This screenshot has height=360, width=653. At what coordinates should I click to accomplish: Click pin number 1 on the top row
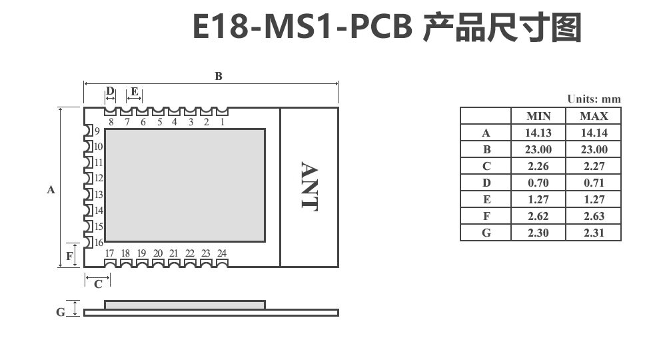[222, 122]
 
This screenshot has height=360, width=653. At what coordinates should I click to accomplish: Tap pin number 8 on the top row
[111, 122]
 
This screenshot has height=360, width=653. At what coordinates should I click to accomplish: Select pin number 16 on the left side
[98, 243]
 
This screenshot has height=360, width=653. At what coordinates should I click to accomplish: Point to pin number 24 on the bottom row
[222, 253]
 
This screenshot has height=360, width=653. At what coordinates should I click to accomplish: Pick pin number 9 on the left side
[97, 131]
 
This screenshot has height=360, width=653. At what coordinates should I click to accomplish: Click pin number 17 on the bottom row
[110, 253]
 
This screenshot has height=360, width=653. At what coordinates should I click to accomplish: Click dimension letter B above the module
[218, 76]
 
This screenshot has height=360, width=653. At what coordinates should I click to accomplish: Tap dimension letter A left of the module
[51, 190]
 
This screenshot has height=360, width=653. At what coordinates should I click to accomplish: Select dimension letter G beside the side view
[60, 312]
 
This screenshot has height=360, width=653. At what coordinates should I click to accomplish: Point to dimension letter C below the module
[98, 285]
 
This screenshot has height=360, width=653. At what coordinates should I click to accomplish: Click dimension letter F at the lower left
[69, 255]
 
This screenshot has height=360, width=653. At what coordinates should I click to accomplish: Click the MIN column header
[538, 116]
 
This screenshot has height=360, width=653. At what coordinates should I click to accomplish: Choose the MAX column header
[594, 116]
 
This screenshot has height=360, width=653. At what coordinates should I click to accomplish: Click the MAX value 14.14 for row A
[594, 133]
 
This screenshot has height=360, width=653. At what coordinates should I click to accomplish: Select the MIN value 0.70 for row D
[538, 183]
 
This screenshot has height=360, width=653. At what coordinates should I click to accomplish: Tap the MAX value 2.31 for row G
[594, 233]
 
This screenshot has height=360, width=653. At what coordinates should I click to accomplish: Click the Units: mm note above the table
[594, 99]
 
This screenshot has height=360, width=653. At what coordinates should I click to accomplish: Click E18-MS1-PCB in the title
[305, 28]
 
